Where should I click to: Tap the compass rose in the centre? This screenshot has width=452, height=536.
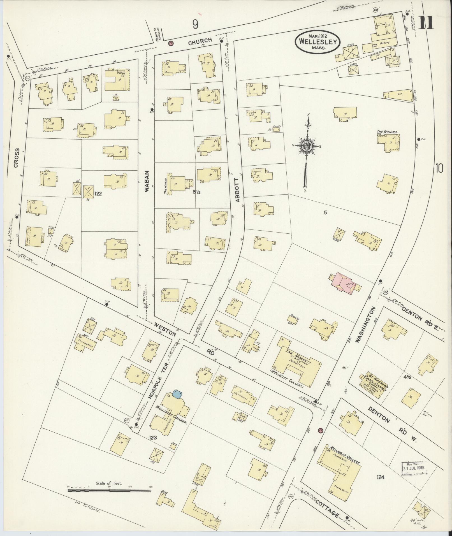[307, 146]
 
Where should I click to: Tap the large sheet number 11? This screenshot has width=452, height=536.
[426, 23]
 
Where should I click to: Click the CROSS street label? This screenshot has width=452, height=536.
[17, 158]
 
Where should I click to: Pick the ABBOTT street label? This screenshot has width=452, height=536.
[238, 190]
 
